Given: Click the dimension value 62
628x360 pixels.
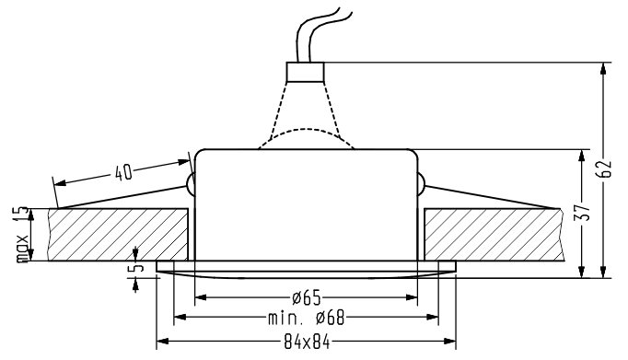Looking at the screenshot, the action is (604, 168).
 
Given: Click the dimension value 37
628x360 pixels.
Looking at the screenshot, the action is (583, 213).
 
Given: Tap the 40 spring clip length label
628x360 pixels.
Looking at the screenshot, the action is (123, 173).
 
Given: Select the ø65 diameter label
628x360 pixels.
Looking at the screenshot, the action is (307, 297).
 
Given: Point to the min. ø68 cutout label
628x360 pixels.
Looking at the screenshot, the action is (307, 318).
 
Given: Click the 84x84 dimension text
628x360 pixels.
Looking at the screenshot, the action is (307, 343).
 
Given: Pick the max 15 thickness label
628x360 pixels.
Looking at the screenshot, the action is (22, 234).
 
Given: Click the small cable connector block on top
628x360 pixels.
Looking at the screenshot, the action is (305, 72).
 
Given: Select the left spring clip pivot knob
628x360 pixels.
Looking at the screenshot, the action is (191, 185).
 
